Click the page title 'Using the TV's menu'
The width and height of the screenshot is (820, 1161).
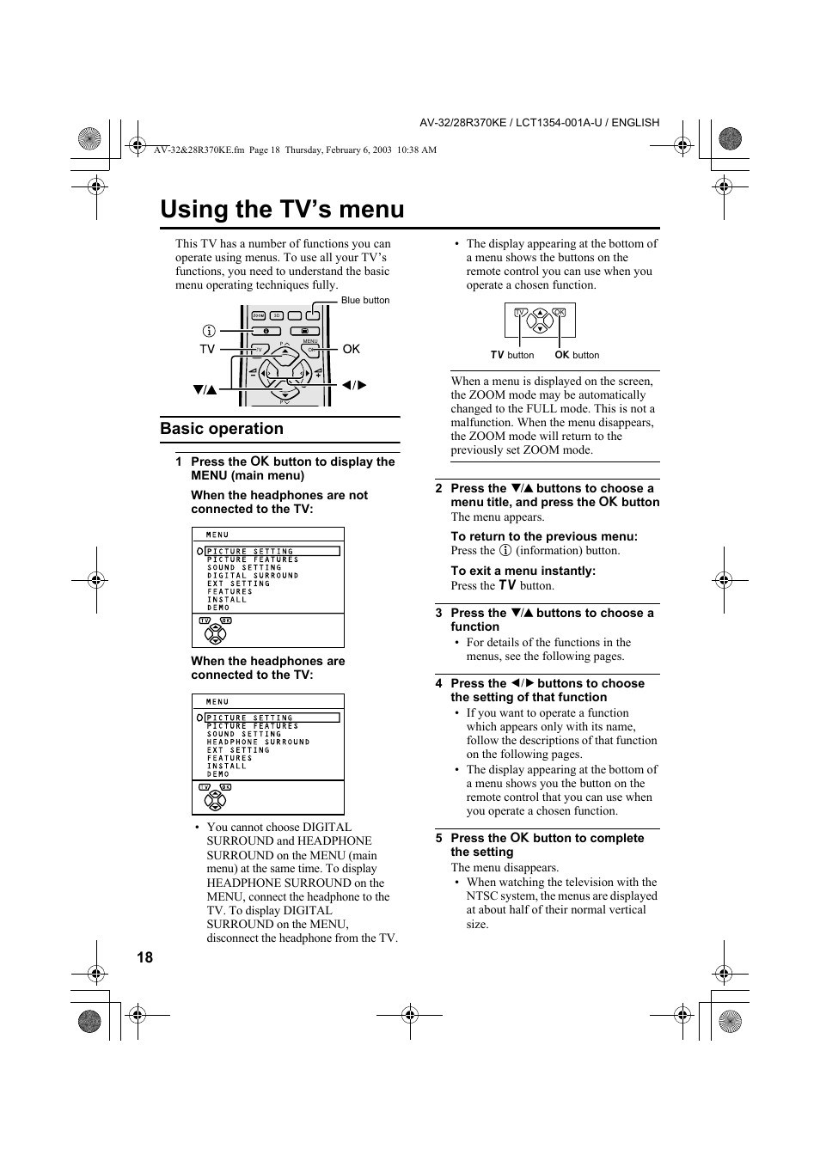click(282, 210)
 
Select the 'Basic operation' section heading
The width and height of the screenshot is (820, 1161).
click(222, 429)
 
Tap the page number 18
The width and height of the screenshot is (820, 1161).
click(144, 957)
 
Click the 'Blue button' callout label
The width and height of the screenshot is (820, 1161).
click(365, 301)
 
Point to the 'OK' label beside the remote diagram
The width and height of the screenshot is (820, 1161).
click(351, 349)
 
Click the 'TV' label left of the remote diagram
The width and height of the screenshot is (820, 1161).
click(207, 349)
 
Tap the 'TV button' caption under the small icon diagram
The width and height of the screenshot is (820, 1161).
click(512, 355)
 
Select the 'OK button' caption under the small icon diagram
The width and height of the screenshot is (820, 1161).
click(577, 355)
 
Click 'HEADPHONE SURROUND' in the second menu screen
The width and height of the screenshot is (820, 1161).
click(258, 742)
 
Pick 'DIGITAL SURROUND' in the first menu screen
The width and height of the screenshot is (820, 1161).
click(253, 576)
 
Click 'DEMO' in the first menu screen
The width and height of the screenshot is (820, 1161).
click(218, 608)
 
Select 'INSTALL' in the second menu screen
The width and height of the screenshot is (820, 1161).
click(227, 766)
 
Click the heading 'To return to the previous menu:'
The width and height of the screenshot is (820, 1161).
click(544, 536)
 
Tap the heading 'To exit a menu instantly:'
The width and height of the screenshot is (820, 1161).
click(523, 571)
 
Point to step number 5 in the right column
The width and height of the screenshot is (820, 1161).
click(438, 838)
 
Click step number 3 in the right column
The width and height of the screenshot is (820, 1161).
click(438, 613)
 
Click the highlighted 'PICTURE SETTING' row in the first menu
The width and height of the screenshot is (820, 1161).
click(272, 552)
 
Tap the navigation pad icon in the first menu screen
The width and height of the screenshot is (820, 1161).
click(215, 634)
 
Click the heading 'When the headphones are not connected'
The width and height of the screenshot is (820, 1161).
click(279, 502)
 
